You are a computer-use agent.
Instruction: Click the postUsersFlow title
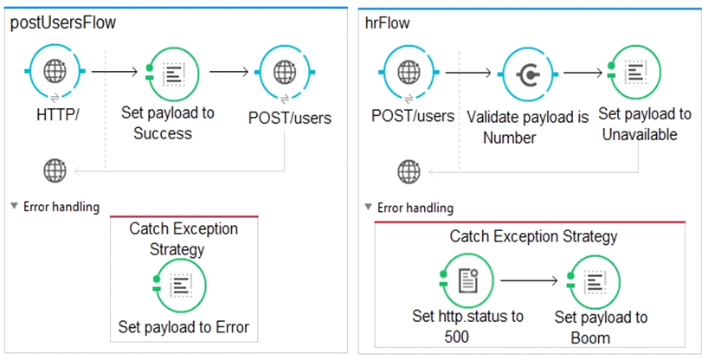coord(63,22)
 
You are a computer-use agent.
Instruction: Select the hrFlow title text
coord(387,22)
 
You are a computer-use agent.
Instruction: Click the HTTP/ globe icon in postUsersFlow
coord(55,71)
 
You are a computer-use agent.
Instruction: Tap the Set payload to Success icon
coord(172,74)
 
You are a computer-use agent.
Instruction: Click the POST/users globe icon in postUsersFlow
coord(285,72)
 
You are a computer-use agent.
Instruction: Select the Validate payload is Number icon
coord(528,74)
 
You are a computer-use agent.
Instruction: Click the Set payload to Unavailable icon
coord(634,72)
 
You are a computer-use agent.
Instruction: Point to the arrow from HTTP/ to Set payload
coord(115,71)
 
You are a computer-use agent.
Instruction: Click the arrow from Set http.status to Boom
coord(529,281)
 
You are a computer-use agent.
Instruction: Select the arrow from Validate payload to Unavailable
coord(582,73)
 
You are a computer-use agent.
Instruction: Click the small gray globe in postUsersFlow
coord(55,170)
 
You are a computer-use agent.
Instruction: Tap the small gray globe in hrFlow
coord(409,171)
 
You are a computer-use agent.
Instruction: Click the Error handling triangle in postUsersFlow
coord(15,207)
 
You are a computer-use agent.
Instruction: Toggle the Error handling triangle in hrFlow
coord(369,208)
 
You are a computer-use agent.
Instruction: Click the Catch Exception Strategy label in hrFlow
coord(533,236)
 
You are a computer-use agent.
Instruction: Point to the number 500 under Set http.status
coord(456,337)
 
